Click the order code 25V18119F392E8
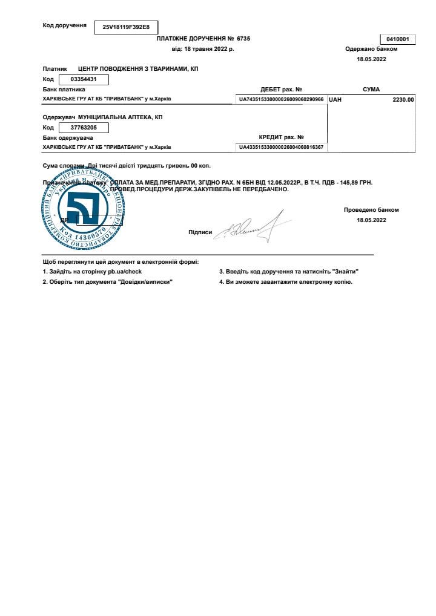[x=126, y=27]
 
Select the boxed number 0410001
[x=397, y=39]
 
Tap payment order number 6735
[x=243, y=38]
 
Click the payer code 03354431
[x=81, y=79]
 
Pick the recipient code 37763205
[x=84, y=127]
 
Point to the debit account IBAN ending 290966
[x=281, y=99]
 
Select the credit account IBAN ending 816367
[x=281, y=147]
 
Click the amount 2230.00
[x=403, y=99]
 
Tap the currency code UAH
[x=335, y=99]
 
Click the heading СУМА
[x=371, y=89]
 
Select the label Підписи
[x=200, y=232]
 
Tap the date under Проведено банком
[x=371, y=220]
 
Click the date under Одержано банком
[x=371, y=59]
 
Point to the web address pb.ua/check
[x=125, y=272]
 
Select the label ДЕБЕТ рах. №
[x=281, y=89]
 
